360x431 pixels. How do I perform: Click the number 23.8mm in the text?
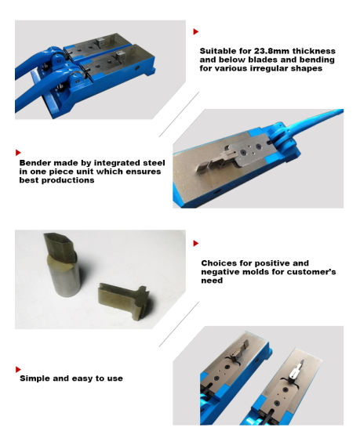pyautogui.click(x=271, y=51)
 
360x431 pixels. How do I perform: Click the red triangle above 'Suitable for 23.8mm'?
pyautogui.click(x=196, y=31)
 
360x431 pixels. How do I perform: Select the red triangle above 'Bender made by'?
pyautogui.click(x=18, y=153)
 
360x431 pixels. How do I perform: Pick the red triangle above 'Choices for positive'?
pyautogui.click(x=196, y=243)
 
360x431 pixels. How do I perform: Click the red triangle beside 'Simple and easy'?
pyautogui.click(x=18, y=369)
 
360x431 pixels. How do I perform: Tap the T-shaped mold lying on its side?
pyautogui.click(x=124, y=300)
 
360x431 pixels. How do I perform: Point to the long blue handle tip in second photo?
pyautogui.click(x=342, y=110)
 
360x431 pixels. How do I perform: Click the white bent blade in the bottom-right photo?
pyautogui.click(x=296, y=370)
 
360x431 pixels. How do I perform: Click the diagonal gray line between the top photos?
pyautogui.click(x=179, y=114)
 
